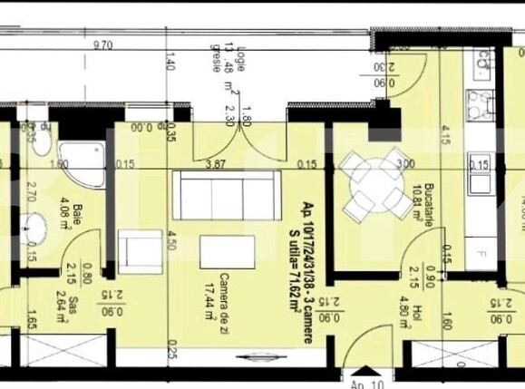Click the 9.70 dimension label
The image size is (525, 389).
(x=102, y=44)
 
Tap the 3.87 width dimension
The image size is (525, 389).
(x=215, y=164)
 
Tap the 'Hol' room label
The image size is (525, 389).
(x=419, y=314)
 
